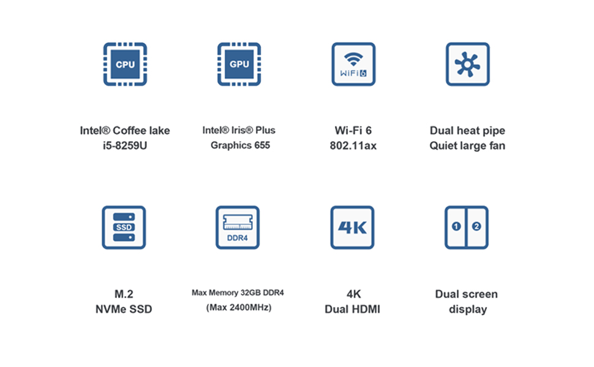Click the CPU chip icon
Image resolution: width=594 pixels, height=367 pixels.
125,64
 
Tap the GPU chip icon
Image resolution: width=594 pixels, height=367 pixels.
239,64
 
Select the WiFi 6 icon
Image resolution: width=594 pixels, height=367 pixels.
353,64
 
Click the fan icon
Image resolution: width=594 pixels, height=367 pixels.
467,64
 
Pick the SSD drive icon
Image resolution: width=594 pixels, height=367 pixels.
124,228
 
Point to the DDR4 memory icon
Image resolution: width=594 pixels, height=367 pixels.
238,228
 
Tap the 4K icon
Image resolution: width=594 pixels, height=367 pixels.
352,228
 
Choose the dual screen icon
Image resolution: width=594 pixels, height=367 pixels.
467,228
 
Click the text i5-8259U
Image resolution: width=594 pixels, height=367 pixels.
125,146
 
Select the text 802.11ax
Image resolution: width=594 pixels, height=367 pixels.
353,146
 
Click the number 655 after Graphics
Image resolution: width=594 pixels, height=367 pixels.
260,146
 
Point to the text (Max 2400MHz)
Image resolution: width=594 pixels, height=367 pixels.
238,308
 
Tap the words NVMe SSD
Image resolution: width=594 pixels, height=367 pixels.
124,310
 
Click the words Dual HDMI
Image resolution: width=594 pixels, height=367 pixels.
352,310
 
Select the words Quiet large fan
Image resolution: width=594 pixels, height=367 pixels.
467,146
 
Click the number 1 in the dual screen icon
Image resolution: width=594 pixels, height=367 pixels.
456,226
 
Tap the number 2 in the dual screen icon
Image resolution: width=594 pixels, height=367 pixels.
477,226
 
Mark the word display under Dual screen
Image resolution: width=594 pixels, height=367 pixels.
468,310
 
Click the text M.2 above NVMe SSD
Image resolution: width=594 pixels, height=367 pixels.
124,294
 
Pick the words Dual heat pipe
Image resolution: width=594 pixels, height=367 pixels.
467,130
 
